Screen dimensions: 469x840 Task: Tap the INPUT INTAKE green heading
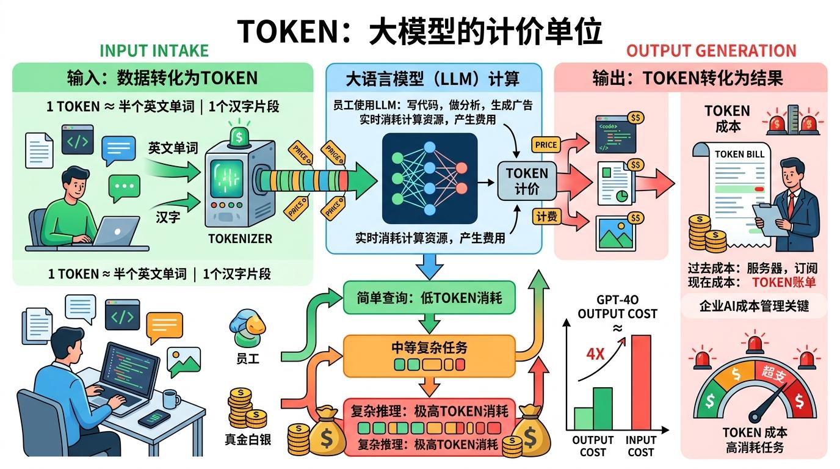(154, 51)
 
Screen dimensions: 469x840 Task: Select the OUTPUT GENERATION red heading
(711, 51)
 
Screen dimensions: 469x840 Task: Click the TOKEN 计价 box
(527, 181)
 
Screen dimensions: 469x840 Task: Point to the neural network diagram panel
(429, 178)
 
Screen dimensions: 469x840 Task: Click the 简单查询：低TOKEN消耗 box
(429, 298)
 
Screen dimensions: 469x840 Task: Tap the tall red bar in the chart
(640, 381)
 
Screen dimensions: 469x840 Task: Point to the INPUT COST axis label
(640, 446)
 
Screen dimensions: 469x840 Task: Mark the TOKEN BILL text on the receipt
(739, 154)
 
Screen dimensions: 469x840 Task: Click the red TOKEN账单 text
(784, 282)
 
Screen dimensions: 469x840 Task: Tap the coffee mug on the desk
(171, 400)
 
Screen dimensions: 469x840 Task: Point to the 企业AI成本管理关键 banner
(754, 306)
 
